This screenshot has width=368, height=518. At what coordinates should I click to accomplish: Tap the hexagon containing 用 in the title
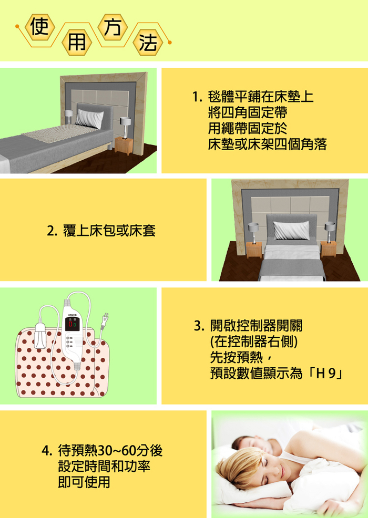pos(77,43)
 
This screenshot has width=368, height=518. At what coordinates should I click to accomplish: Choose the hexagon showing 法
pos(148,43)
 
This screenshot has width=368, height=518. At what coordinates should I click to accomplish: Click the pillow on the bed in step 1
pos(89,119)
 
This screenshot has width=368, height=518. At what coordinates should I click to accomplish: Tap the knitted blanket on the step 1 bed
pos(59,133)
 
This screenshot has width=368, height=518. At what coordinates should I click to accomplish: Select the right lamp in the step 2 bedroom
pos(330,232)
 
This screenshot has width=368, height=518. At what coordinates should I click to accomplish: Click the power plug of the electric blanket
pos(105,322)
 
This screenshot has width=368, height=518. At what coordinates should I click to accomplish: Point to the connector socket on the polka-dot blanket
pos(39,336)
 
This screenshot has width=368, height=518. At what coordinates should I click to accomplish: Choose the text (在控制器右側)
pos(254,341)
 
